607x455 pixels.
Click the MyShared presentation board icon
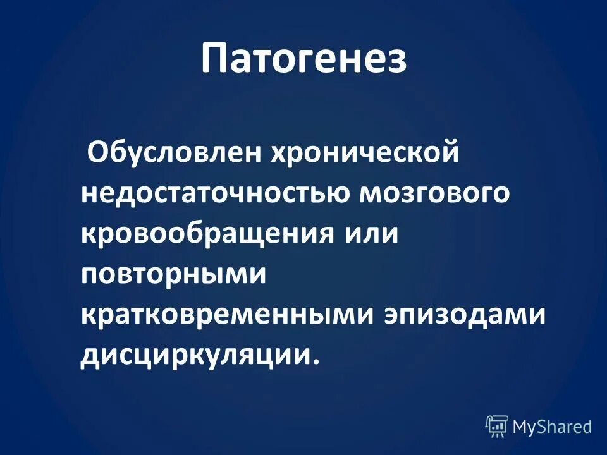pos(496,426)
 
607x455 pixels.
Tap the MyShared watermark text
pos(552,427)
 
